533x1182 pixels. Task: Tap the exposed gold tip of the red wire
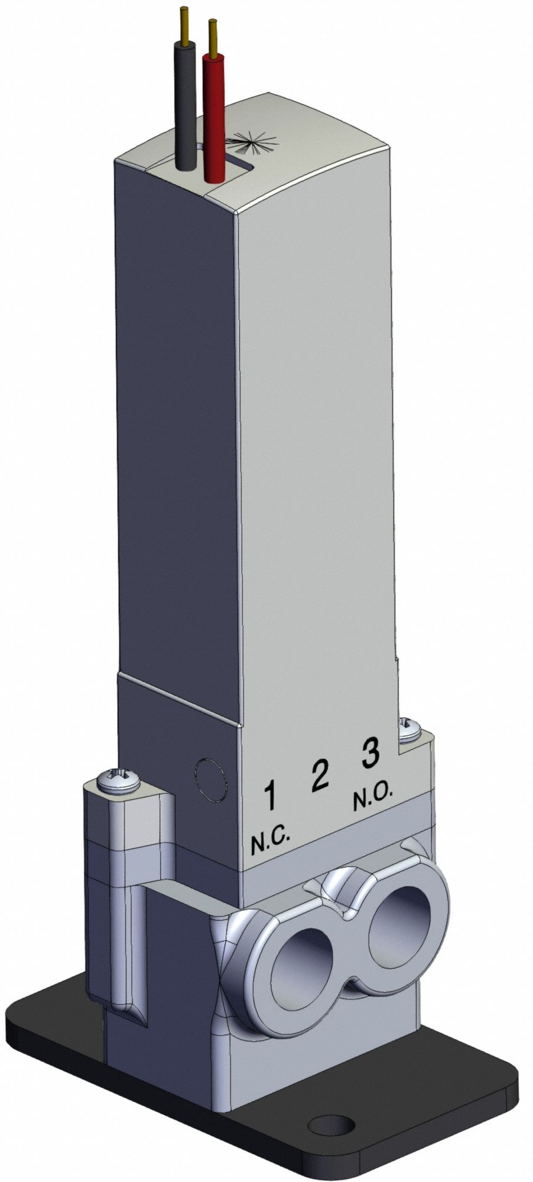(213, 35)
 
